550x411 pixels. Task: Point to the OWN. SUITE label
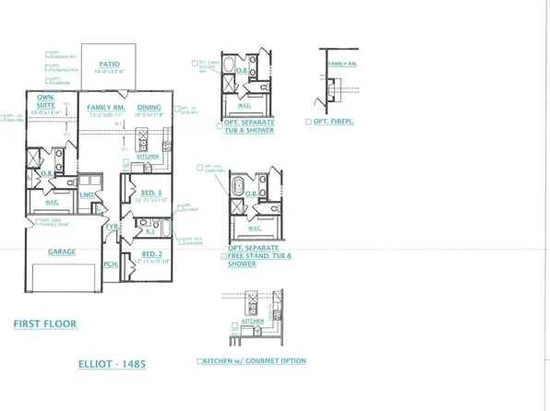tap(43, 100)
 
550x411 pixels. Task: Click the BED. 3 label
tap(142, 191)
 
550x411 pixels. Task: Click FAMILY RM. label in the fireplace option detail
tap(342, 62)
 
